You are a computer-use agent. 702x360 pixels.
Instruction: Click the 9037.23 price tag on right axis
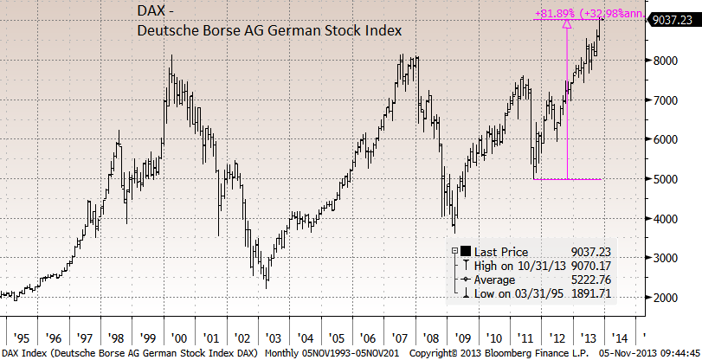click(x=673, y=19)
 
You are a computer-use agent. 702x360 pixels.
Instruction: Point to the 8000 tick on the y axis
click(x=666, y=61)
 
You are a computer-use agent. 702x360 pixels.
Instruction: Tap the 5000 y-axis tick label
click(x=666, y=179)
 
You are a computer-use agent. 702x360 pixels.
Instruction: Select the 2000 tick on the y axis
click(x=666, y=299)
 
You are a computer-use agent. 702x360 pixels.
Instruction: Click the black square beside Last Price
click(x=467, y=250)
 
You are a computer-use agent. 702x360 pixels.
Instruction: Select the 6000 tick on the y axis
click(x=666, y=139)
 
